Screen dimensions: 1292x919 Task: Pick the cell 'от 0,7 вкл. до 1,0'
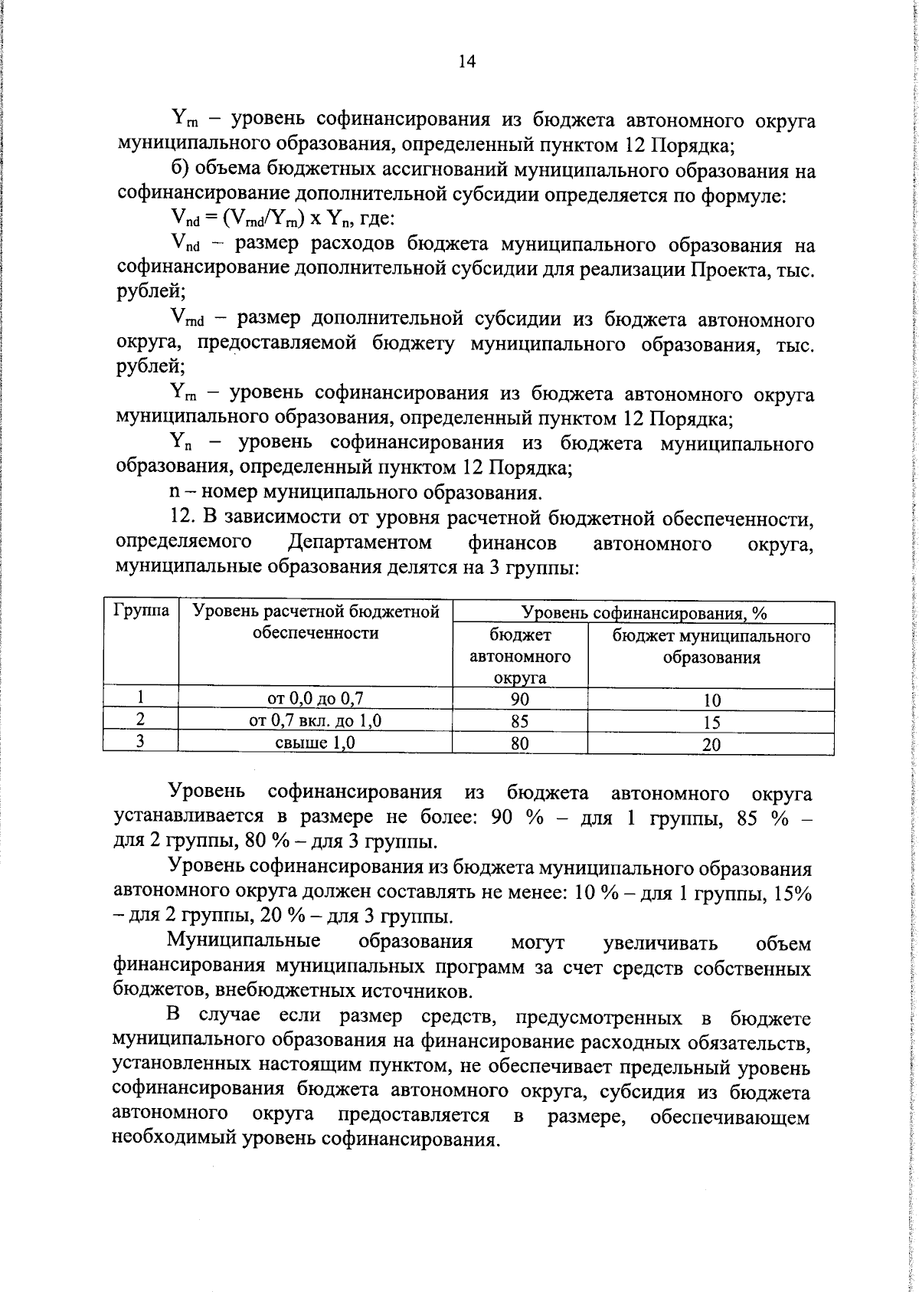tap(337, 720)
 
